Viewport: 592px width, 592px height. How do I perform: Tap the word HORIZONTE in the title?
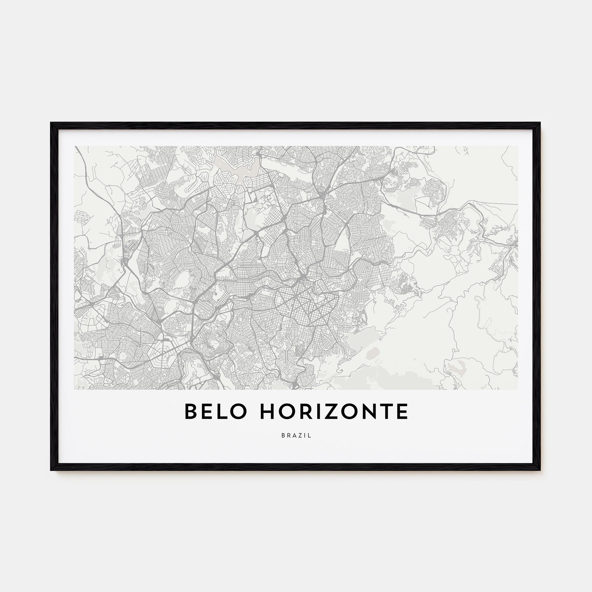[334, 411]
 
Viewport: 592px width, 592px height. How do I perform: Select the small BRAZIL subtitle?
[296, 435]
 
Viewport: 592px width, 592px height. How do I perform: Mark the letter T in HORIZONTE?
[386, 411]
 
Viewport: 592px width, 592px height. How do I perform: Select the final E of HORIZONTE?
[402, 411]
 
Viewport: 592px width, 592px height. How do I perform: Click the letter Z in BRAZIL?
[301, 435]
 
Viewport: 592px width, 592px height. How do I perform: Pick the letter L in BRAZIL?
[310, 435]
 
